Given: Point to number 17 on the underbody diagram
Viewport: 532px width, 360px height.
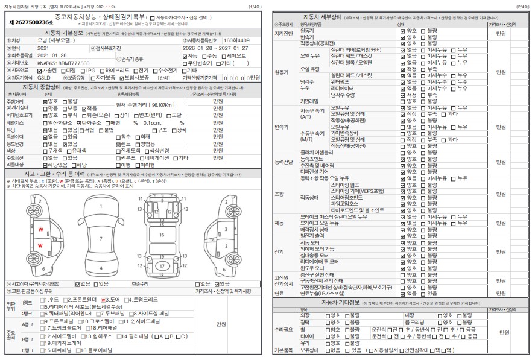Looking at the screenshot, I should (x=161, y=265).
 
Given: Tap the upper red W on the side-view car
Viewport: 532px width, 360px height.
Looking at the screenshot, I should (x=40, y=229).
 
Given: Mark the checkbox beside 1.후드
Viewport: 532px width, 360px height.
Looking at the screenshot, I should (x=45, y=300).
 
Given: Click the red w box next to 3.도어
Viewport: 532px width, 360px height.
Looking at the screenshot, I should (x=103, y=300).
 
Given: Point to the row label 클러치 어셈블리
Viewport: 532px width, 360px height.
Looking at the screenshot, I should (x=318, y=152).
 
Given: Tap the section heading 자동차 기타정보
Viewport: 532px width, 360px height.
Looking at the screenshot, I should (x=340, y=302).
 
